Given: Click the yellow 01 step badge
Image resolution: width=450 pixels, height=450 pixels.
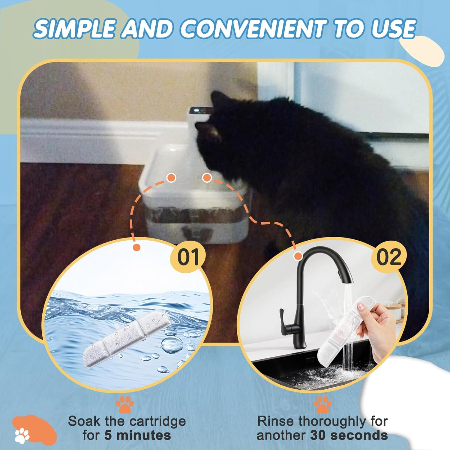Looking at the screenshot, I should click(x=188, y=257).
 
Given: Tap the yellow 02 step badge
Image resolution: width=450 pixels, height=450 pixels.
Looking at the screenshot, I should click(x=389, y=257).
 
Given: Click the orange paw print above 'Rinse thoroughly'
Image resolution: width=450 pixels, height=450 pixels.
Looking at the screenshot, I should click(x=322, y=404).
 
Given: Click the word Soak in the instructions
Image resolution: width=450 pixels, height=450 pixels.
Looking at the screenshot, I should click(x=84, y=421).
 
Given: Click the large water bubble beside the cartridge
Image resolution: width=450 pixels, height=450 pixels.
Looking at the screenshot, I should click(x=172, y=345).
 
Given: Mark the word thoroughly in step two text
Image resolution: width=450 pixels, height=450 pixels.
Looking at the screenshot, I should click(x=333, y=421).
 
